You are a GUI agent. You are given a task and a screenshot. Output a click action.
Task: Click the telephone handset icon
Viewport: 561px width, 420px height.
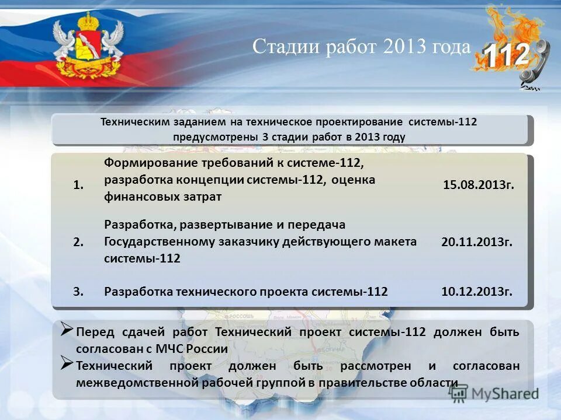click(535, 67)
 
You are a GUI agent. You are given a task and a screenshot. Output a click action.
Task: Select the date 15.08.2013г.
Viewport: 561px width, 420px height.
click(479, 185)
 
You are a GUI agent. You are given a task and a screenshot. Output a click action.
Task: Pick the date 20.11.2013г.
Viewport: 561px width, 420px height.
click(477, 242)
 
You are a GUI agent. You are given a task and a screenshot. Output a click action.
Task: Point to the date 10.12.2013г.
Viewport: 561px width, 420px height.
click(477, 292)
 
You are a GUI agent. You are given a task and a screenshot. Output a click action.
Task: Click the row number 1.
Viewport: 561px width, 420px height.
click(79, 185)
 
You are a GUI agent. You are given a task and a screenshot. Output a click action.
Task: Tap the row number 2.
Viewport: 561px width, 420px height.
click(79, 242)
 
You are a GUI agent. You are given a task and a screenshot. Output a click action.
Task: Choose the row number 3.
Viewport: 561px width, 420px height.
click(79, 292)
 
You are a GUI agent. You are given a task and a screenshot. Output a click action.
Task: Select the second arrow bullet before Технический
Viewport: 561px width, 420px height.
click(67, 365)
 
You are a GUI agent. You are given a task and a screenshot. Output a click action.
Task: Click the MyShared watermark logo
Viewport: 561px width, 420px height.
click(494, 393)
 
